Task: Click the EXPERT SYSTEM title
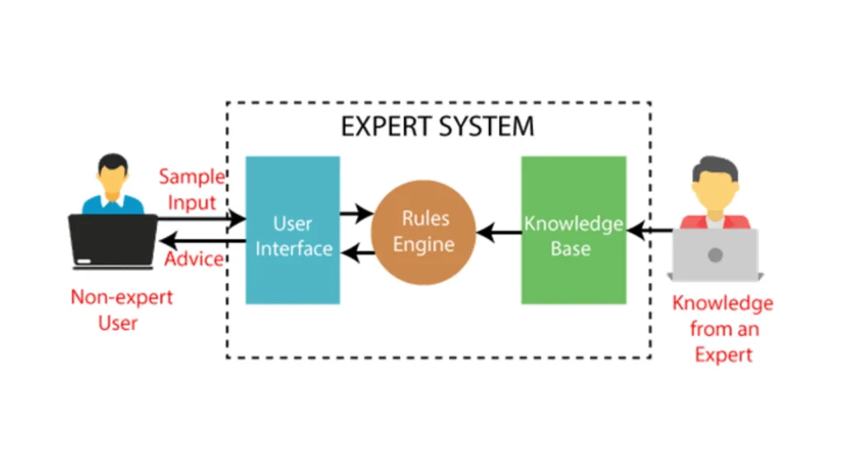pos(437,126)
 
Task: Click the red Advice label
pos(194,259)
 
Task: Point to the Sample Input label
pos(192,189)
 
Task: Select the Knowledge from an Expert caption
pos(722,329)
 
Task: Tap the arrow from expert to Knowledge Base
pos(652,232)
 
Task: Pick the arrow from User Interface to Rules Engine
pos(356,214)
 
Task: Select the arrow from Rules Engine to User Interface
pos(356,253)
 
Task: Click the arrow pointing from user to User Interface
pos(202,219)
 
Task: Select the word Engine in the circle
pos(424,245)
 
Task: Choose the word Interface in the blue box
pos(293,248)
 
